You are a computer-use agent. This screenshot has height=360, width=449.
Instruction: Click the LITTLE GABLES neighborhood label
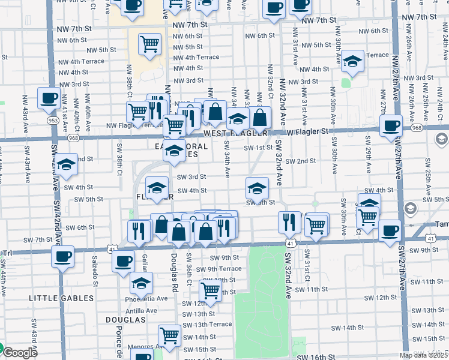(x=59, y=297)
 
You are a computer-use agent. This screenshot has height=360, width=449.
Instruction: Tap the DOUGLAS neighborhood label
(x=125, y=320)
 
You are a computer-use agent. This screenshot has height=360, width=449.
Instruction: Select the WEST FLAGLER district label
(x=235, y=133)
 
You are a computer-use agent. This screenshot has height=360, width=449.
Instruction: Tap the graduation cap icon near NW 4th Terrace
(x=352, y=61)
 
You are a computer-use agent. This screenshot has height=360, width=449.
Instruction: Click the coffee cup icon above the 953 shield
(x=49, y=98)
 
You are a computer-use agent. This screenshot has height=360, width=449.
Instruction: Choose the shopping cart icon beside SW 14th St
(x=170, y=336)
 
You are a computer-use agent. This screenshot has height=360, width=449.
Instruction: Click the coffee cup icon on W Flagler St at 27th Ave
(x=391, y=125)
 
